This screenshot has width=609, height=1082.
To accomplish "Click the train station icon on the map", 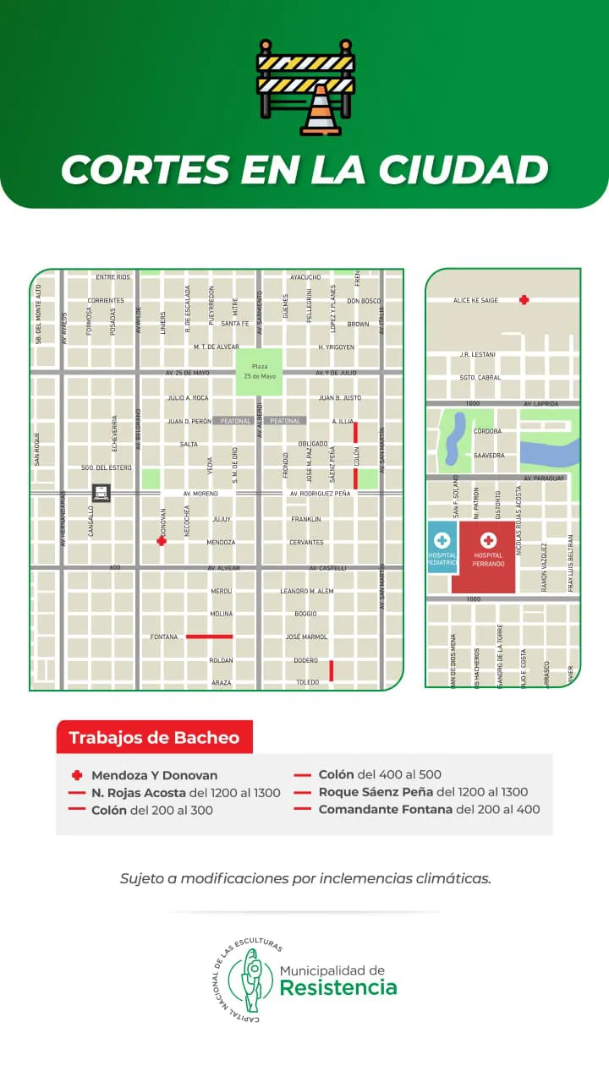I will coord(101,493).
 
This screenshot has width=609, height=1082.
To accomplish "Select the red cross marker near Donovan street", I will coord(162,541).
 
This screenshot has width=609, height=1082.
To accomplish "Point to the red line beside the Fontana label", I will coord(209,636).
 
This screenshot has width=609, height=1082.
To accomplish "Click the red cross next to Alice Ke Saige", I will coord(524,299).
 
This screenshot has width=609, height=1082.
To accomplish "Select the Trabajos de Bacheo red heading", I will coord(154,737).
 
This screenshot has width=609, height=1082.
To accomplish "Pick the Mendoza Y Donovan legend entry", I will coord(154,775).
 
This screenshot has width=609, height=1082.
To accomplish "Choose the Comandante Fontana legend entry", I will coord(429,809).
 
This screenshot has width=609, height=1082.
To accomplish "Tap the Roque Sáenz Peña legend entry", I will coord(423,792).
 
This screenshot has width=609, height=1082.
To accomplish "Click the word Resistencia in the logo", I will coord(338,987).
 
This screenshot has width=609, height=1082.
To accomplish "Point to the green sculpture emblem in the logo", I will coord(251,981).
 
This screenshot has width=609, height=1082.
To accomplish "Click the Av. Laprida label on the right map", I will coord(541,404).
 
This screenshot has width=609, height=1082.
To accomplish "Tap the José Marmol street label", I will coord(305,637).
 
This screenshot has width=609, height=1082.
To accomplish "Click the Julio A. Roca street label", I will coord(188,397).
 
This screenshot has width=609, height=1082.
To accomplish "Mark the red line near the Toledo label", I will coord(331,670).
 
